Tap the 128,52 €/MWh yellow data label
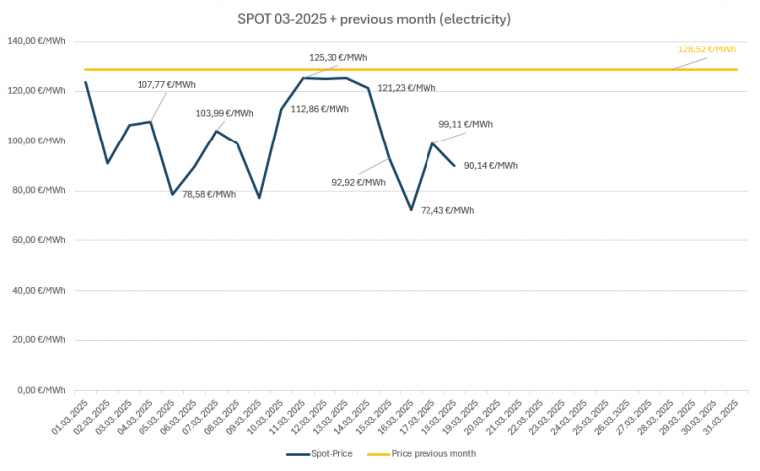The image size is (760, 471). point(707,49)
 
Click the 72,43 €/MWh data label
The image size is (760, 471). point(446,210)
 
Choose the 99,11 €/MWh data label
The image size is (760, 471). point(465,124)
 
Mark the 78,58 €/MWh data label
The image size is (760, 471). point(208,194)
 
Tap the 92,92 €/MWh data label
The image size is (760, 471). point(359,182)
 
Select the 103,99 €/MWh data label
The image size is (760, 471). point(225,113)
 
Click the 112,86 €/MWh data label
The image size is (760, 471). point(320,109)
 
